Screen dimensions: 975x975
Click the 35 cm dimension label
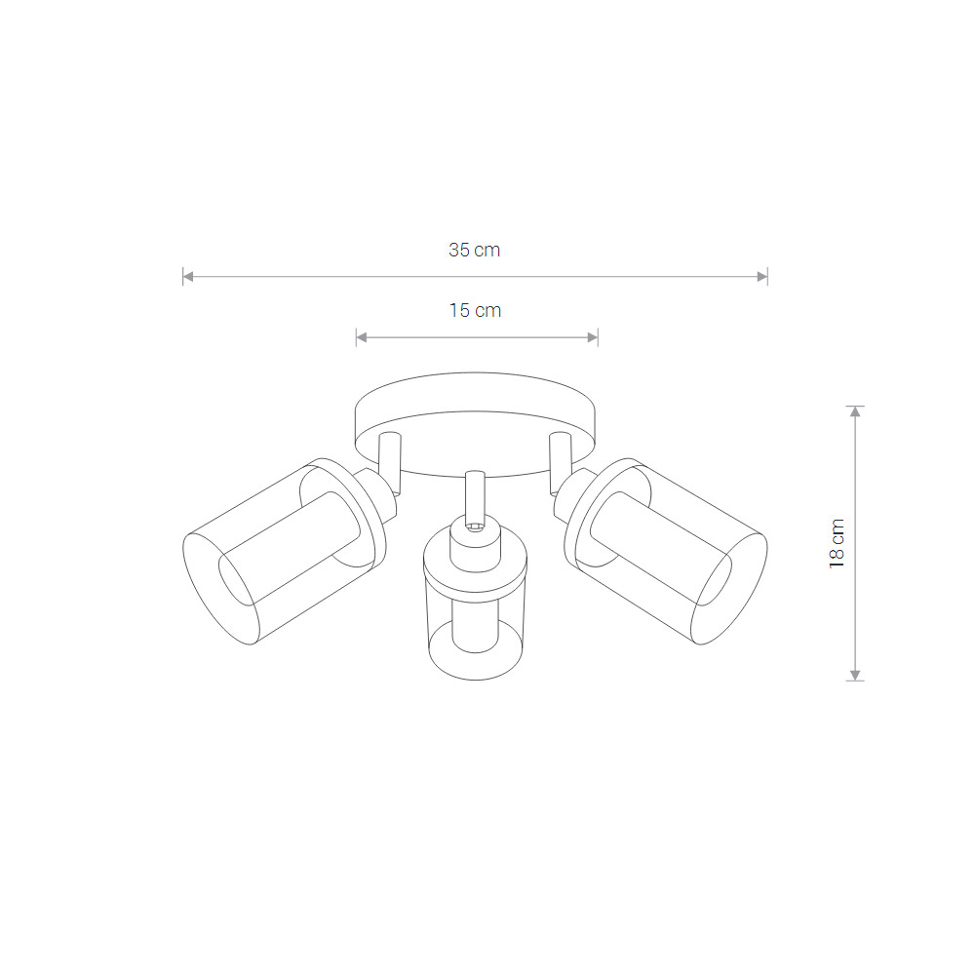[x=475, y=250]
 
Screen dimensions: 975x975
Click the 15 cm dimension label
[x=475, y=310]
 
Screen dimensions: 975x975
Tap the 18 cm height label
[x=837, y=543]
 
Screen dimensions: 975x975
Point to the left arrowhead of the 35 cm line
[x=188, y=277]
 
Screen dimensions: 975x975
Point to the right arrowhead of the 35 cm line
[x=762, y=277]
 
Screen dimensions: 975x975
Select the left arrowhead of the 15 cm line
[x=362, y=337]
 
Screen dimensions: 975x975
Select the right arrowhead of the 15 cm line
[x=593, y=337]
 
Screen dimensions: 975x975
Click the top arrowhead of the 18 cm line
[x=856, y=411]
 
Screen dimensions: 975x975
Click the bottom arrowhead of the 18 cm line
[x=856, y=676]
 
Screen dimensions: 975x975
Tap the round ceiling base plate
[x=475, y=392]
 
